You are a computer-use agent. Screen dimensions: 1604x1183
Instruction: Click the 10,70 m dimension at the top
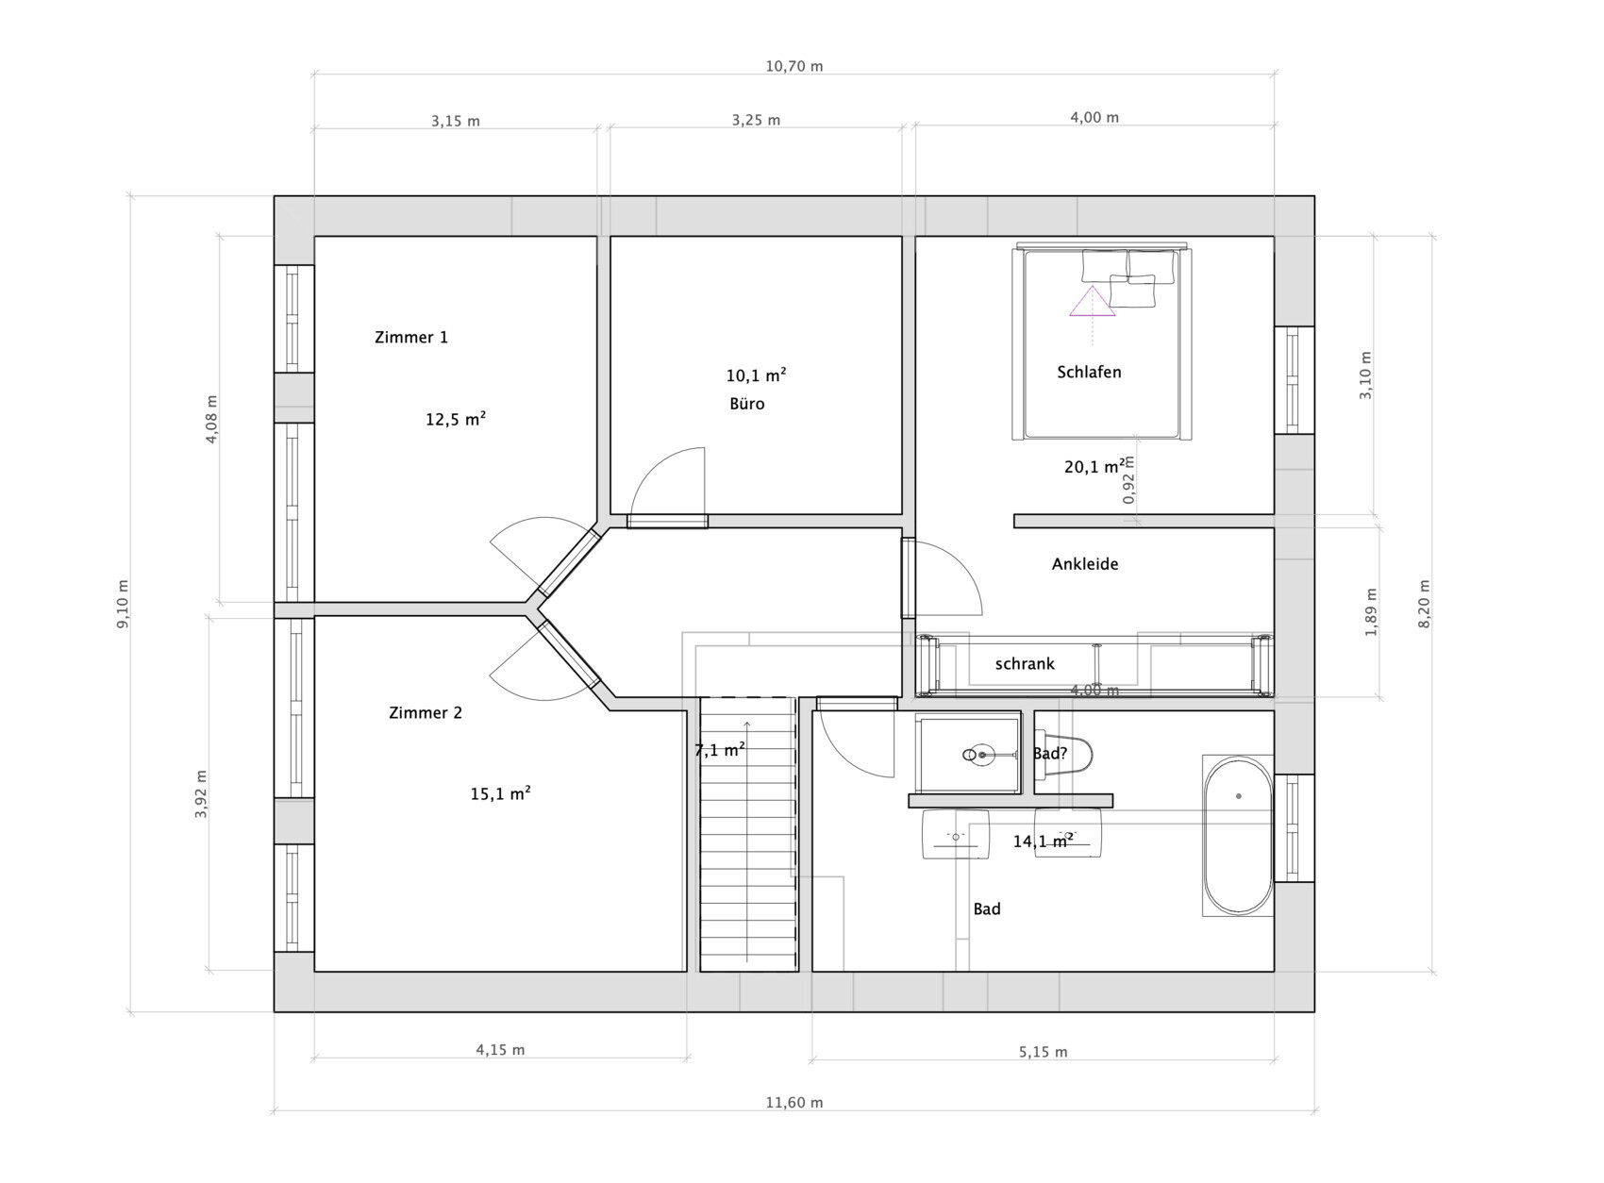(x=794, y=67)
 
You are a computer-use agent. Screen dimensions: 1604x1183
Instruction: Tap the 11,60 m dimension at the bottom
(x=794, y=1102)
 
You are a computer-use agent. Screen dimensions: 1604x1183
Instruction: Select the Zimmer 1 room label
(x=411, y=338)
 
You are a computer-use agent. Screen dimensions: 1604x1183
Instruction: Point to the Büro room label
(x=747, y=404)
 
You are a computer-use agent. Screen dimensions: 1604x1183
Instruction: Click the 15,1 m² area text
(x=500, y=793)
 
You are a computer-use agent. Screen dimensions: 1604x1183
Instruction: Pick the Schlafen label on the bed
(x=1089, y=373)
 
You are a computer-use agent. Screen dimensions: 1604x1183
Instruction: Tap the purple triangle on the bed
(x=1092, y=302)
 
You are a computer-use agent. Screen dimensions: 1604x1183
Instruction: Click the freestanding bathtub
(x=1238, y=836)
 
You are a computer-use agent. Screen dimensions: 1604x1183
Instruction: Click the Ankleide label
(x=1085, y=564)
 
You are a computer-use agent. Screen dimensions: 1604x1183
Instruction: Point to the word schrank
(x=1025, y=664)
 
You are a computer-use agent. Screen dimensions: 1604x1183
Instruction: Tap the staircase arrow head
(x=747, y=724)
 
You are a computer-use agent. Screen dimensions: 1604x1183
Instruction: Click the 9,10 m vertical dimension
(x=124, y=604)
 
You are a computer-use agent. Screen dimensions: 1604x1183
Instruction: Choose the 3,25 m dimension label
(x=756, y=121)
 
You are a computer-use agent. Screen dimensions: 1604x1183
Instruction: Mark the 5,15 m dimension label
(x=1043, y=1052)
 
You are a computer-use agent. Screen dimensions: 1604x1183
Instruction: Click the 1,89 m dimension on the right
(x=1371, y=612)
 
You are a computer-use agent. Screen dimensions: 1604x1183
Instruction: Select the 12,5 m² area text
(x=456, y=419)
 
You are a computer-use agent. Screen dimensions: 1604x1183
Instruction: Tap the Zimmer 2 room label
(x=426, y=712)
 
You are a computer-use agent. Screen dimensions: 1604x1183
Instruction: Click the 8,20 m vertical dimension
(x=1425, y=604)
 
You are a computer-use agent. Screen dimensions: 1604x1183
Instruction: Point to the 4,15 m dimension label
(x=500, y=1050)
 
